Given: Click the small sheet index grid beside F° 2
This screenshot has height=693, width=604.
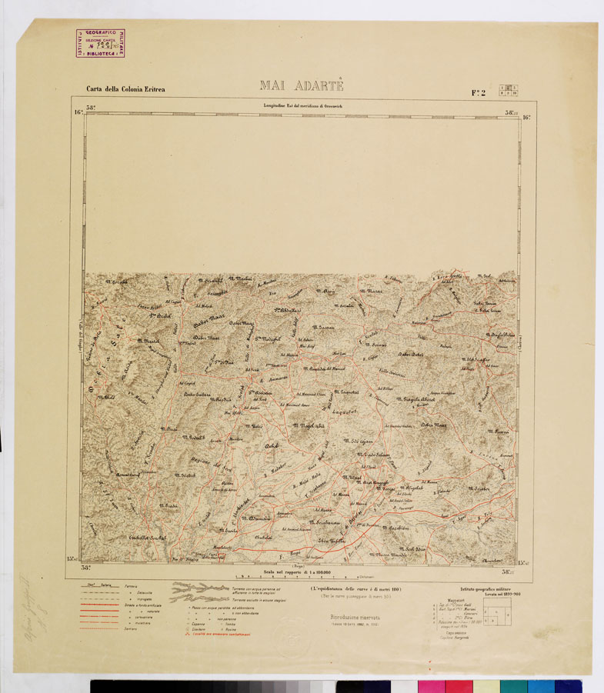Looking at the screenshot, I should click(x=509, y=91).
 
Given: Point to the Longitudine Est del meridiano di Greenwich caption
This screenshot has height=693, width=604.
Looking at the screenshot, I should click(x=302, y=106).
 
